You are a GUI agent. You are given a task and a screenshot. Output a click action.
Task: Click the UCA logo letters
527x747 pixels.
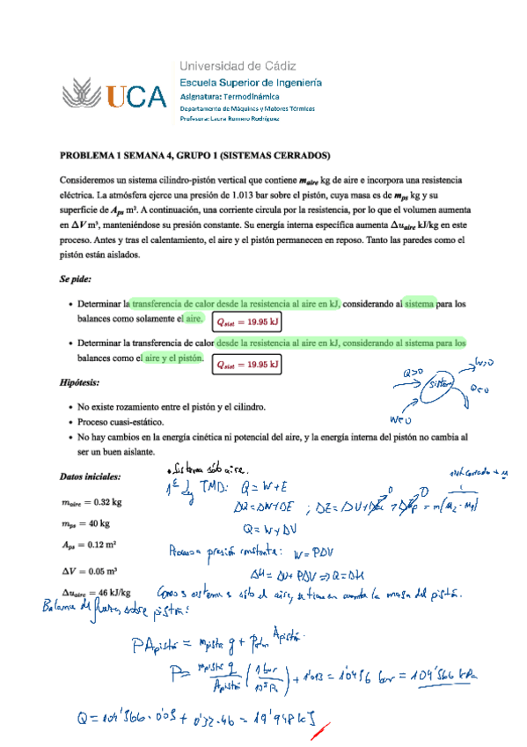pos(135,95)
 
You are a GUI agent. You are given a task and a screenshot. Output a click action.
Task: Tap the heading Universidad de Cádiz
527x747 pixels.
pos(238,66)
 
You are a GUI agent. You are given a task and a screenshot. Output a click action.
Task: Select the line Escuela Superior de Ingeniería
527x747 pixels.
pos(250,82)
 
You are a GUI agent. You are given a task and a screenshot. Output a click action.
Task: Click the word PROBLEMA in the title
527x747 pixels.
pos(86,154)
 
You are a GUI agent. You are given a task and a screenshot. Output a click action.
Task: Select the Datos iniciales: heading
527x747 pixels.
pos(90,477)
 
